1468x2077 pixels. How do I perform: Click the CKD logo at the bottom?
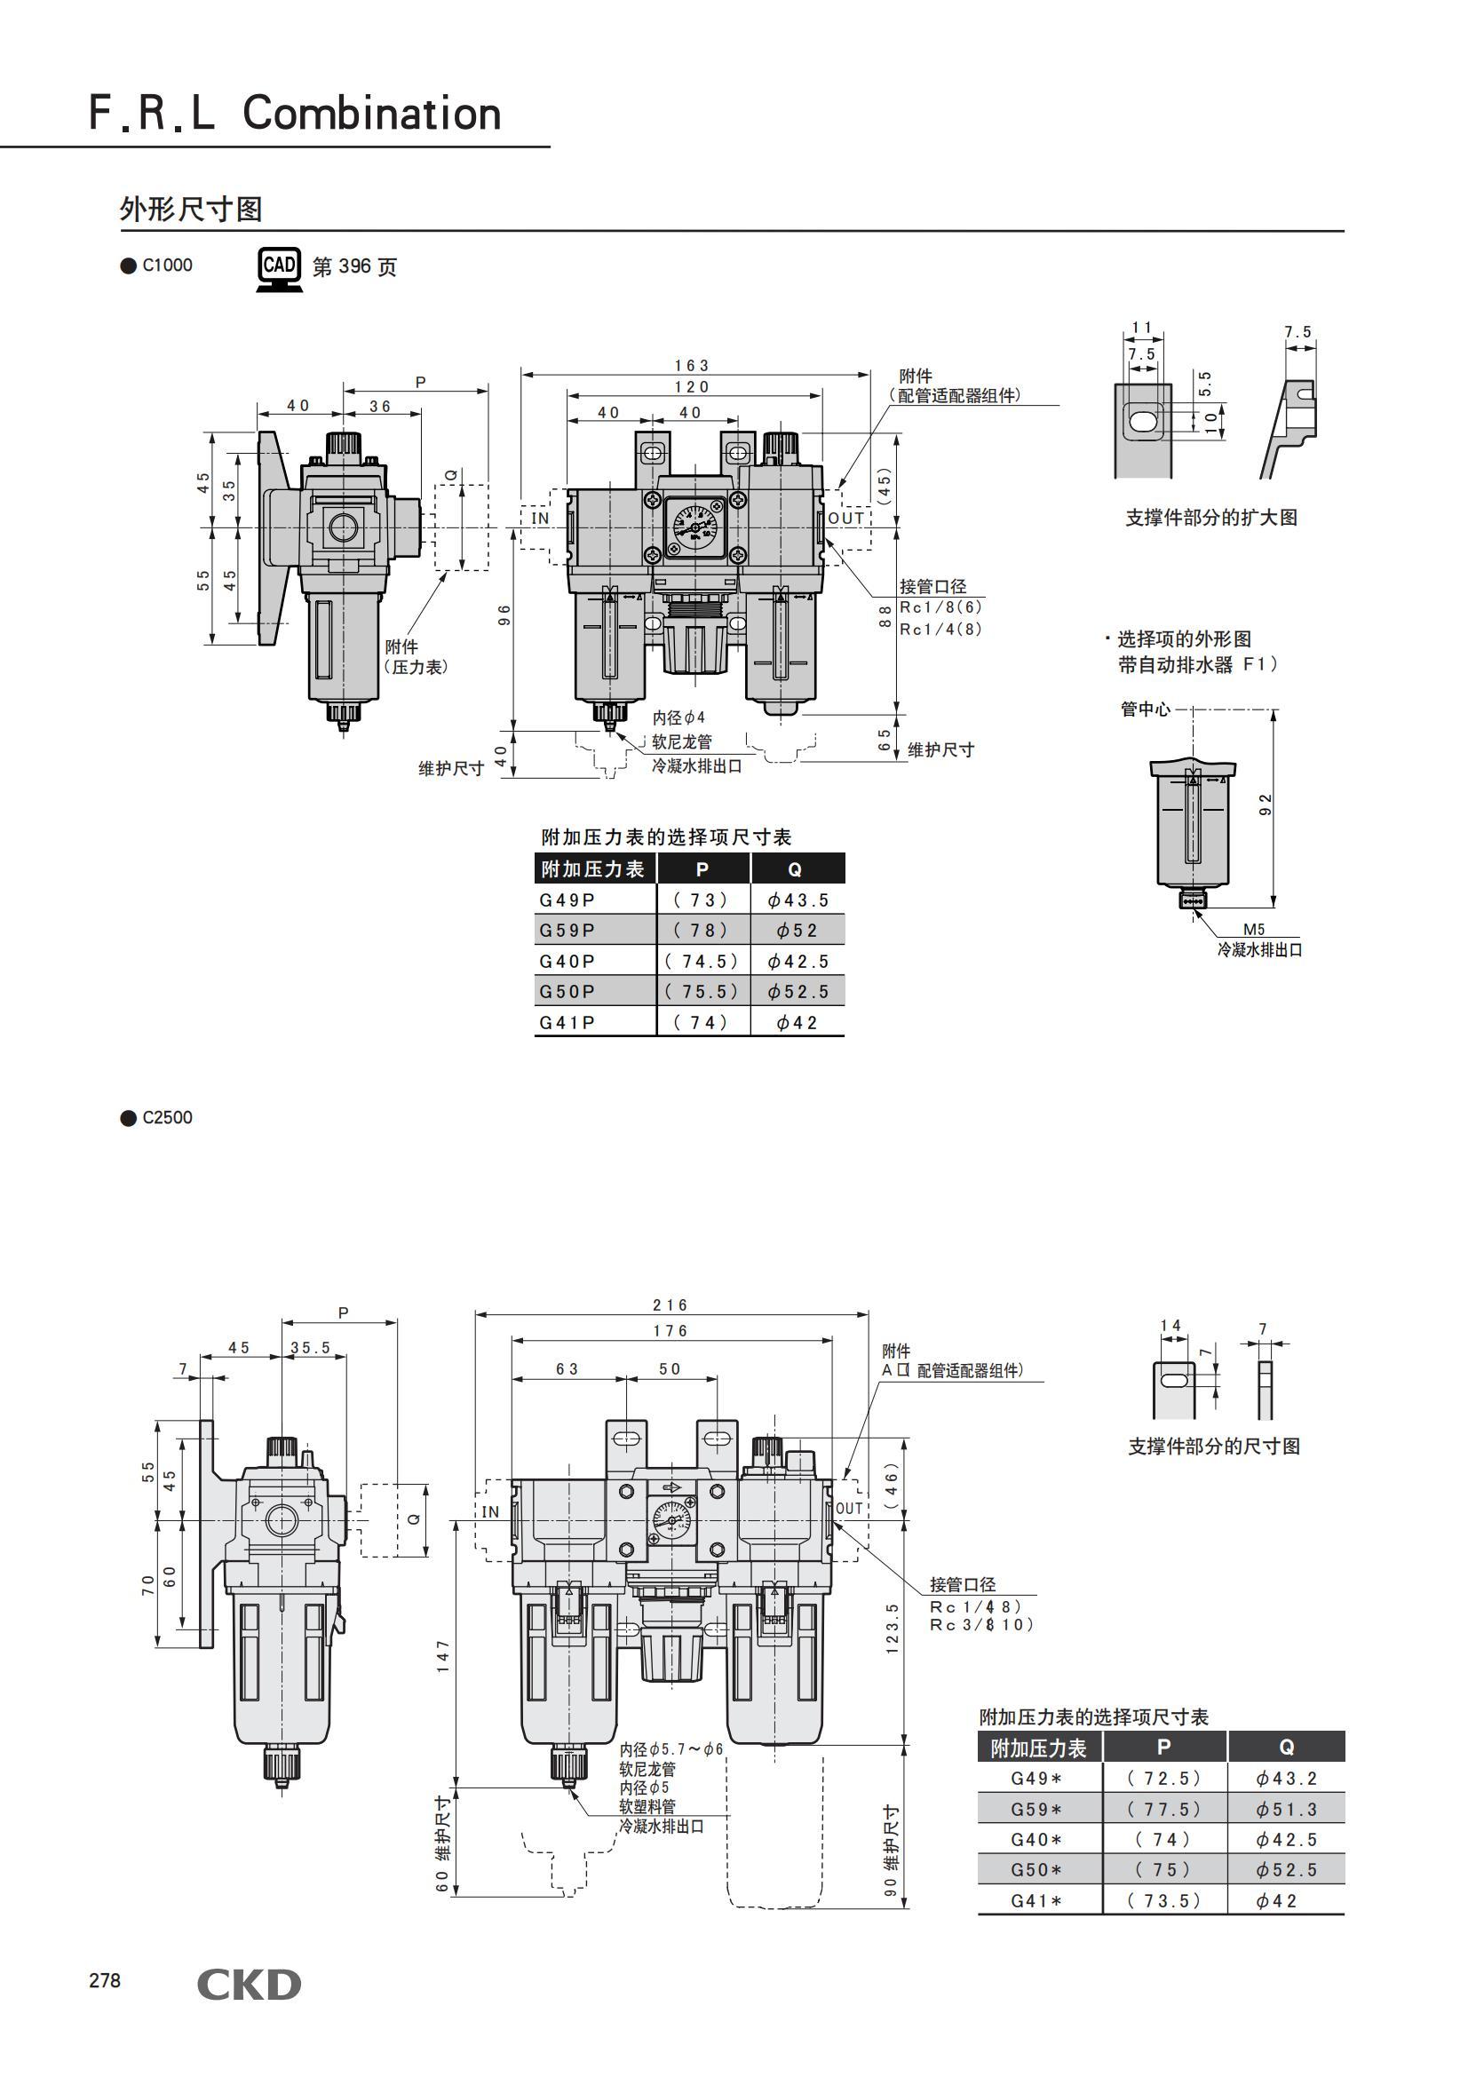point(249,1984)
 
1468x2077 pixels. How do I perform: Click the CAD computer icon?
point(279,269)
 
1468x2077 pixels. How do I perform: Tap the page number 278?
point(104,1980)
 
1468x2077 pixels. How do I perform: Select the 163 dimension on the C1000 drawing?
point(691,366)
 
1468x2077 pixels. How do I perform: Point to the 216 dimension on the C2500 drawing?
point(671,1304)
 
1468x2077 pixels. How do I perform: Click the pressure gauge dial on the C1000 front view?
point(694,523)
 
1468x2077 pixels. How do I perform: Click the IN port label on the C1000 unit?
point(540,519)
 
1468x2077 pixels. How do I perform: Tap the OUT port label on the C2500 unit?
point(848,1508)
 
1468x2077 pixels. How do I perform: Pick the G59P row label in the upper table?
point(567,930)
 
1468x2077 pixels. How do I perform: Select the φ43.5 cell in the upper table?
point(797,900)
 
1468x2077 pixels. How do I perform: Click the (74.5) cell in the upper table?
point(702,961)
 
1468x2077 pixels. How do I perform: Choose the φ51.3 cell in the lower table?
point(1286,1809)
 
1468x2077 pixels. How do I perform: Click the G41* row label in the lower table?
point(1036,1900)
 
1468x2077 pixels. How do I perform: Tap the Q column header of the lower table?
point(1286,1747)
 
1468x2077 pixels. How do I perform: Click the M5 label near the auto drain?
point(1254,929)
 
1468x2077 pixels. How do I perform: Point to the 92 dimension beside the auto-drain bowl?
point(1266,805)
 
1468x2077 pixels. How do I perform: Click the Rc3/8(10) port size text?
point(981,1625)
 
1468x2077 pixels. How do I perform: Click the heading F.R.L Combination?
point(295,113)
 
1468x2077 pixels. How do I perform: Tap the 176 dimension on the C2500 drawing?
point(671,1331)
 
